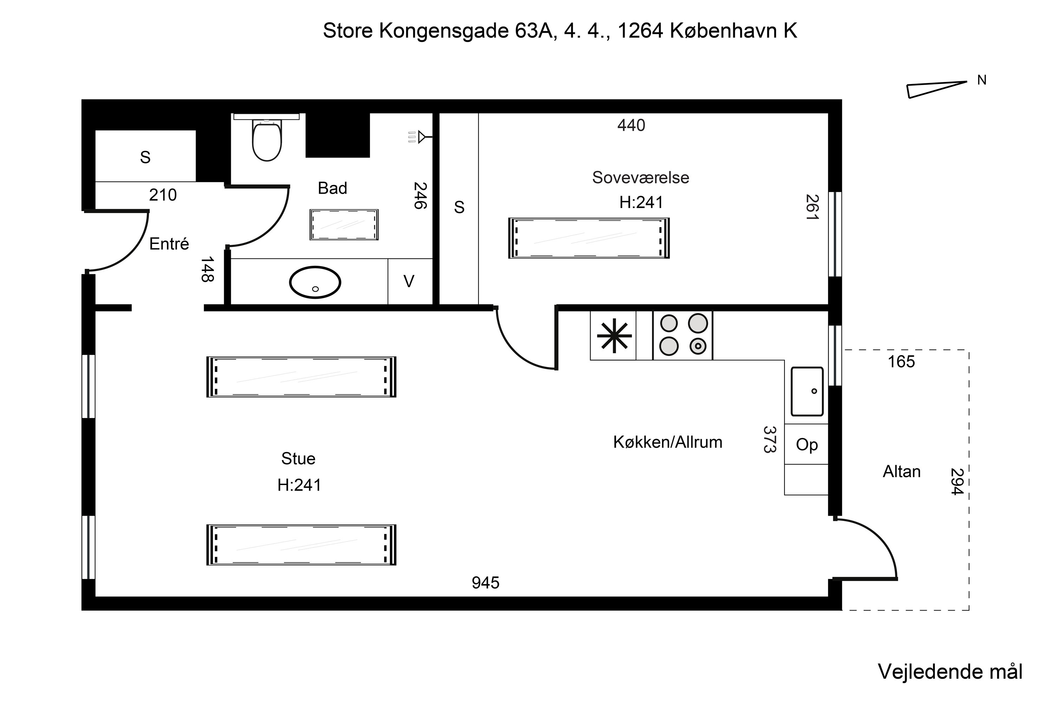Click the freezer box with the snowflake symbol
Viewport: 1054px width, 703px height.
point(614,336)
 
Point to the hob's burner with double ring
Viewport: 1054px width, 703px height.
point(698,346)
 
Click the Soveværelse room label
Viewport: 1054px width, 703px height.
point(640,178)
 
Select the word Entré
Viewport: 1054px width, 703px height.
point(169,244)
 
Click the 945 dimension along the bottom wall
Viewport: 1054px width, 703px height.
point(485,583)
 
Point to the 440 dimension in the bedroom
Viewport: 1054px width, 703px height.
point(631,125)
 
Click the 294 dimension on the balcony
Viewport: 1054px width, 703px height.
point(956,482)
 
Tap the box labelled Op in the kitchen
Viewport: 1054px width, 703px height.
point(807,445)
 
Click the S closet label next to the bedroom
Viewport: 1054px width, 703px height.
point(459,207)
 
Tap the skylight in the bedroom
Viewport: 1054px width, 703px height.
point(588,238)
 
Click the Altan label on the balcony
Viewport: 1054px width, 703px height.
point(901,472)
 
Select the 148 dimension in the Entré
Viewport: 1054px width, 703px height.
point(207,269)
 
